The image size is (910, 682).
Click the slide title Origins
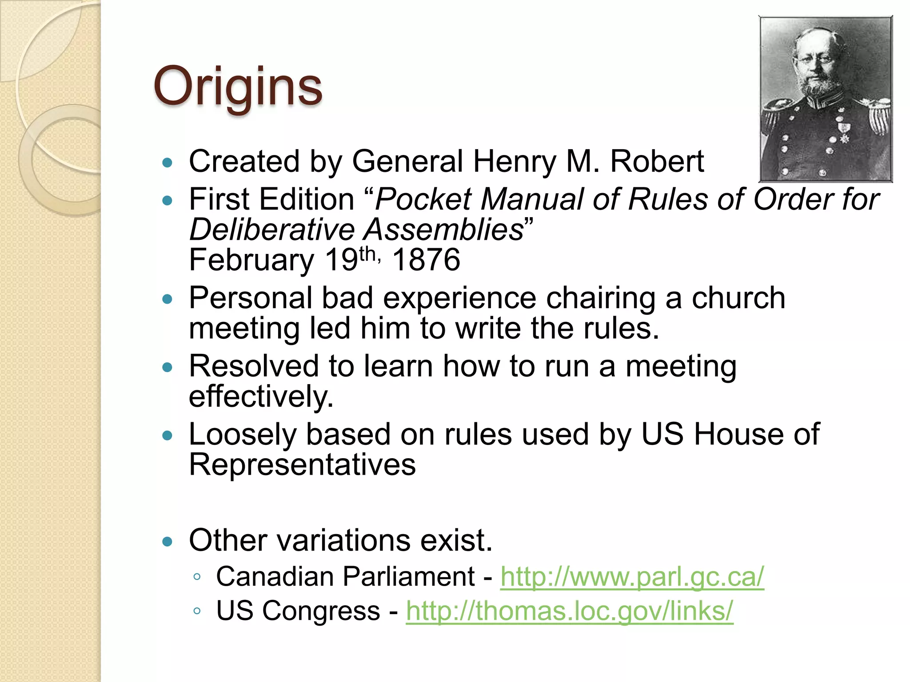click(238, 86)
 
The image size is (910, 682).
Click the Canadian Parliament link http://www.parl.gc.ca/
click(632, 577)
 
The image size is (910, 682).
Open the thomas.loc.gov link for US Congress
click(569, 611)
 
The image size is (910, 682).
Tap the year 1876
click(426, 260)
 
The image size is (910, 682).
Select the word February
click(251, 260)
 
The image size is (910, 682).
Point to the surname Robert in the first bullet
click(657, 161)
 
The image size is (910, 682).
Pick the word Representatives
click(302, 465)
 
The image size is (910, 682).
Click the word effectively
click(261, 397)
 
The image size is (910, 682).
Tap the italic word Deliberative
click(272, 230)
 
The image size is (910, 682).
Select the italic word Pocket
click(423, 199)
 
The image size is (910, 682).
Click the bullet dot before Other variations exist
click(167, 541)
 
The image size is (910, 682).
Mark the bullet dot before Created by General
click(167, 163)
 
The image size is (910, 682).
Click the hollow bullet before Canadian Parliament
click(197, 577)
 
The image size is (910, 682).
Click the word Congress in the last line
click(321, 611)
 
